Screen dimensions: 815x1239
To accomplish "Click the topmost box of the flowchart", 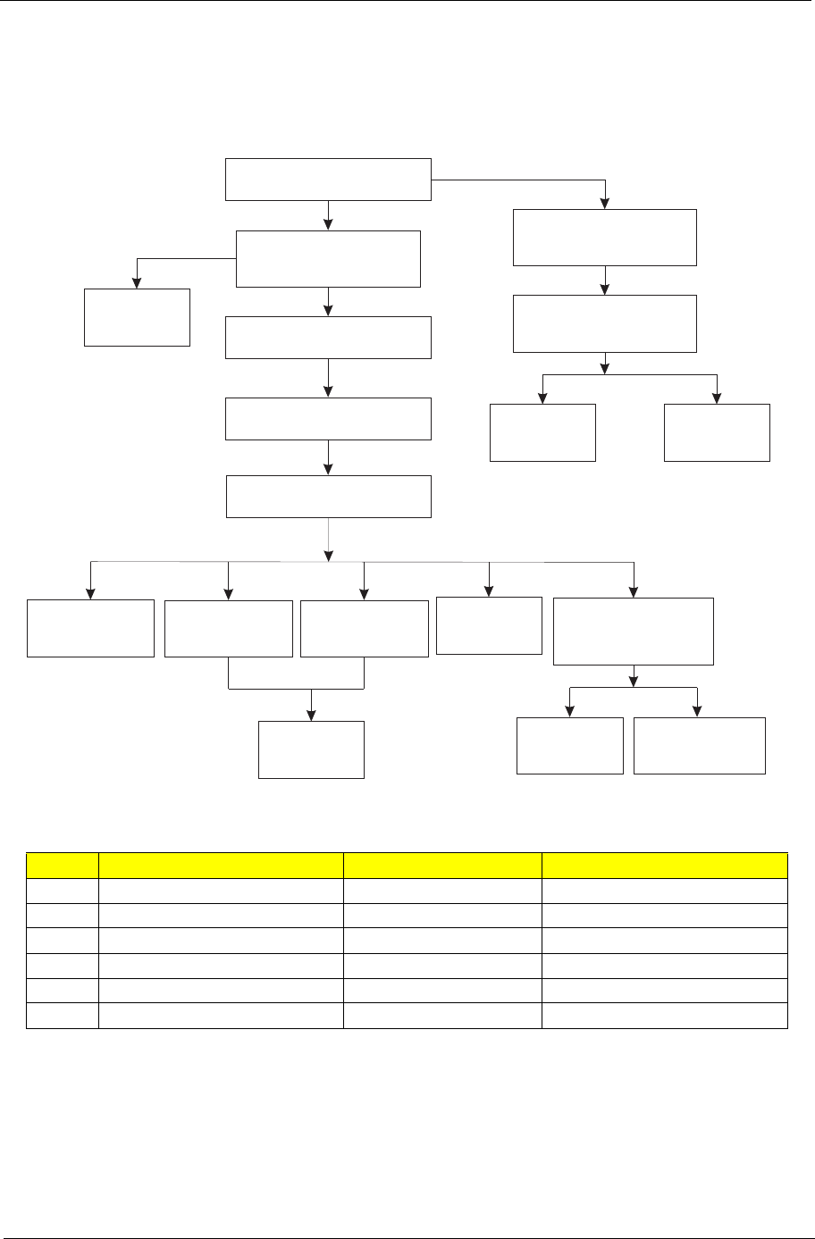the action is coord(328,180).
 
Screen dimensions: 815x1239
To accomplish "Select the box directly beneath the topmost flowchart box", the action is coord(328,259).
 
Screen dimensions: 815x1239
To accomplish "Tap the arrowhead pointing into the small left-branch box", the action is coord(137,282).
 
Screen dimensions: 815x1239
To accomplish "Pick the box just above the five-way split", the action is coord(328,497).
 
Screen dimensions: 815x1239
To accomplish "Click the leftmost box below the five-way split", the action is coord(90,628).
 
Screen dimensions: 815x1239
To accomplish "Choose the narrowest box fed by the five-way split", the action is coord(489,625).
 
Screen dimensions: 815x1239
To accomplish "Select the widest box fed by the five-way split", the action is coord(634,632).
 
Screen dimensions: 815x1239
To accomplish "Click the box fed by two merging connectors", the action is coord(311,749).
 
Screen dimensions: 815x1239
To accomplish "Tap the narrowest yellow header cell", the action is coord(63,866).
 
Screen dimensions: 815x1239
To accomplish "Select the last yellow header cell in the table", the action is coord(664,866).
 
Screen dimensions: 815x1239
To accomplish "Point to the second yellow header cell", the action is coord(221,866).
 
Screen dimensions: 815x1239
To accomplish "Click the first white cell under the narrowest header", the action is coord(63,891).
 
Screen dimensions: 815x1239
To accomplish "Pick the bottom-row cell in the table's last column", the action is coord(664,1016).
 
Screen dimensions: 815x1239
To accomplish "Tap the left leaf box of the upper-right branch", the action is coord(542,432).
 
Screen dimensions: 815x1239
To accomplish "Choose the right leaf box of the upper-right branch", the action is coord(717,432).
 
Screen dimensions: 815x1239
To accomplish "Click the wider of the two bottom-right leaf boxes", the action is coord(699,745).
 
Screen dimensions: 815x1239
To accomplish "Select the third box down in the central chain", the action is coord(328,337).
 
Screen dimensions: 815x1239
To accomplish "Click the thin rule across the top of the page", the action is coord(407,2).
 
